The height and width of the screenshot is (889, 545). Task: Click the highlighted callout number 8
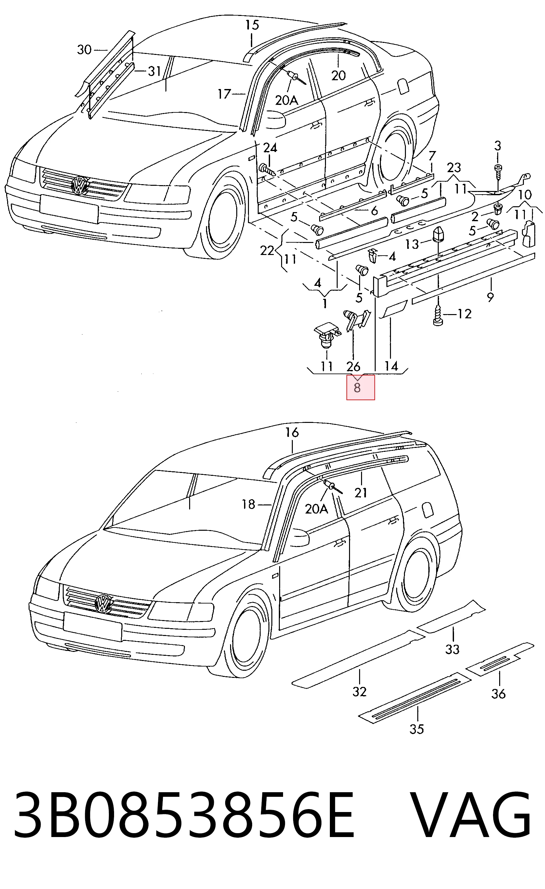(357, 388)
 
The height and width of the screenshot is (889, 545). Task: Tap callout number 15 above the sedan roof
(252, 25)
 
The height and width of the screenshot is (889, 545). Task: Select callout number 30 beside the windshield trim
(84, 49)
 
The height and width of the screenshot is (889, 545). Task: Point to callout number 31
(154, 71)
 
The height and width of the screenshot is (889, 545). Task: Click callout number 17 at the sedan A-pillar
(224, 94)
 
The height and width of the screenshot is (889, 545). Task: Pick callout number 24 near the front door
(270, 148)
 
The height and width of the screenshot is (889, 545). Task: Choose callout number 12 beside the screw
(464, 314)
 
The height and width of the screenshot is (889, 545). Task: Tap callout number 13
(412, 244)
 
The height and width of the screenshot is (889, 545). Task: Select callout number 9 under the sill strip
(490, 297)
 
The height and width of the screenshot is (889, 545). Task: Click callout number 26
(353, 367)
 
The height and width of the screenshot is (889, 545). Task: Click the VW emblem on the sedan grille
(79, 185)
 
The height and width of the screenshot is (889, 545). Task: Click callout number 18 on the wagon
(248, 504)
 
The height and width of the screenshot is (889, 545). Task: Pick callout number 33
(452, 649)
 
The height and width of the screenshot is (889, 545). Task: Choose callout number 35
(417, 729)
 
